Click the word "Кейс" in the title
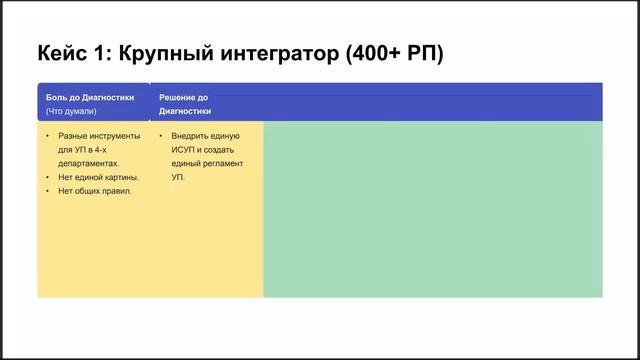point(62,53)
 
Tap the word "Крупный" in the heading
point(166,54)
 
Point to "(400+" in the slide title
point(373,53)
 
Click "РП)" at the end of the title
point(425,53)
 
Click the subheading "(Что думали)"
point(71,111)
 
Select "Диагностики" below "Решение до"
point(185,111)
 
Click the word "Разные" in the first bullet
point(72,136)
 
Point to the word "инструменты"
point(114,136)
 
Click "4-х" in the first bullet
point(100,150)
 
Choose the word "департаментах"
point(88,164)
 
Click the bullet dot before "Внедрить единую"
point(161,136)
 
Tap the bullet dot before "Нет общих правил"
point(48,191)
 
